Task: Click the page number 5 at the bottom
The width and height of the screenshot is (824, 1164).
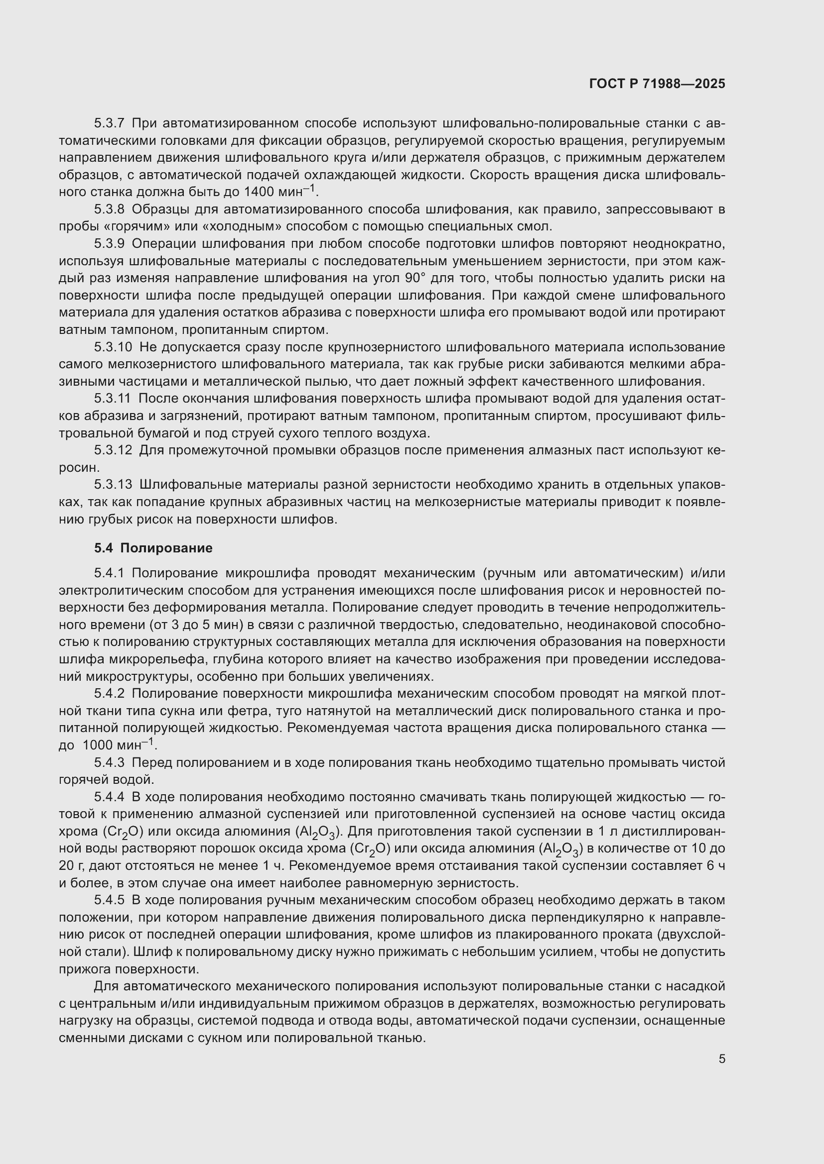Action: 721,1059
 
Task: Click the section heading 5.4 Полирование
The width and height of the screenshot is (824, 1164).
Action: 153,548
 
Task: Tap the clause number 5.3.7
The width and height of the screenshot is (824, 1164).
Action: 109,123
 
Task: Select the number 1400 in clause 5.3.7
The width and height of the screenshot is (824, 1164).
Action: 260,192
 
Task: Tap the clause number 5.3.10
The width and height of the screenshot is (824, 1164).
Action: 113,347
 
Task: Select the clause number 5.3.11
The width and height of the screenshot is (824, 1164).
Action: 113,399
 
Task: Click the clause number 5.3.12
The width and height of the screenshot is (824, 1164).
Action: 113,450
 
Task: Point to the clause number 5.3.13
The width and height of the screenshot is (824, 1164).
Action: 113,485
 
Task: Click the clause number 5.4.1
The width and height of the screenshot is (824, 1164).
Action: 109,573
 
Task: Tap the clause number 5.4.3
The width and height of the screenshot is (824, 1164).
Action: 109,762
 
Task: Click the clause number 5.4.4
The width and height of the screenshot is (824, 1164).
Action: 109,797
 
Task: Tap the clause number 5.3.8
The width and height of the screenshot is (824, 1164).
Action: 109,210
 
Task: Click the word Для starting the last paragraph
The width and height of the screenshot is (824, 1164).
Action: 106,986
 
